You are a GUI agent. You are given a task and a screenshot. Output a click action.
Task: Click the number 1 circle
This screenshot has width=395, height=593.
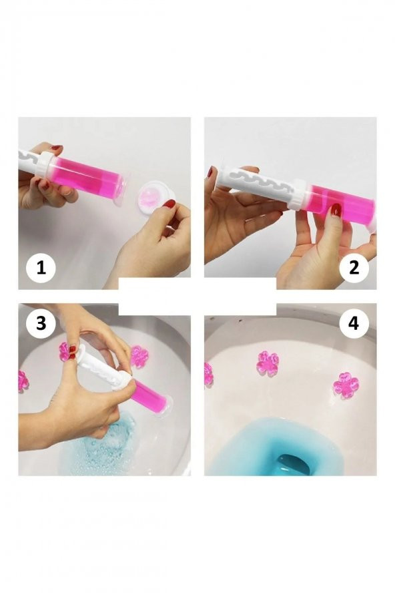(x=41, y=268)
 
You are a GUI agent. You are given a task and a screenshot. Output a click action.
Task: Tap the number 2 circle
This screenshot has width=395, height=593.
(x=354, y=268)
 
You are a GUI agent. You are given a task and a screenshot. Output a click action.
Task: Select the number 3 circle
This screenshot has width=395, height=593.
(x=41, y=324)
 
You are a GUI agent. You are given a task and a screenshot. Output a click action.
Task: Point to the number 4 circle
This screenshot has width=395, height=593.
(x=354, y=324)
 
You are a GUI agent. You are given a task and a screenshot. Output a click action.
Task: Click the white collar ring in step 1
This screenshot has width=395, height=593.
(x=45, y=164)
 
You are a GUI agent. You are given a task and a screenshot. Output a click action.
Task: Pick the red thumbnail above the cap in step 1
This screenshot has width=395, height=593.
(x=169, y=204)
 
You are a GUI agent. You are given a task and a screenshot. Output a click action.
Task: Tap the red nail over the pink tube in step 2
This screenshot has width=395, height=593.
(x=335, y=209)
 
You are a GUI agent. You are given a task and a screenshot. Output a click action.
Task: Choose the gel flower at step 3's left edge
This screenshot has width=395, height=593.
(x=23, y=381)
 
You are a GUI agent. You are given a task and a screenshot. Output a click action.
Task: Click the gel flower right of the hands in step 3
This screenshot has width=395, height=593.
(x=139, y=356)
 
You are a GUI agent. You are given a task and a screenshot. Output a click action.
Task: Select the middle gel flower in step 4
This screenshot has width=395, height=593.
(x=268, y=363)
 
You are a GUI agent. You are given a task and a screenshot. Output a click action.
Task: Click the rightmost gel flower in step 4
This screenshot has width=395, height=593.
(x=345, y=385)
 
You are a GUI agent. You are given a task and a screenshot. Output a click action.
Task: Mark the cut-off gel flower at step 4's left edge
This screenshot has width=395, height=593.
(x=209, y=375)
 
